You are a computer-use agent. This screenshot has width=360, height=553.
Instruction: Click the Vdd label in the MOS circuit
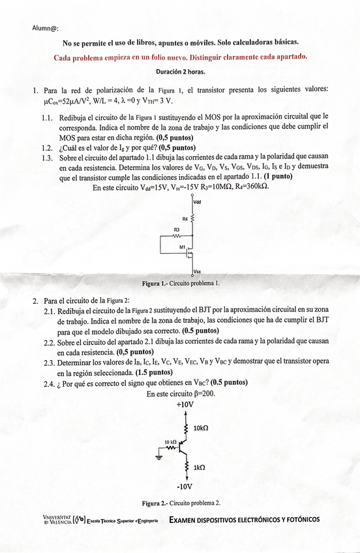tap(198, 202)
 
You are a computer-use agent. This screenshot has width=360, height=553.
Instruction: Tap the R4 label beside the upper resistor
tap(185, 218)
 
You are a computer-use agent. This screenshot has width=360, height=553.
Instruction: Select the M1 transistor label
tap(183, 247)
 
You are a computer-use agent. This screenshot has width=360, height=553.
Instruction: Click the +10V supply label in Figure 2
tap(185, 404)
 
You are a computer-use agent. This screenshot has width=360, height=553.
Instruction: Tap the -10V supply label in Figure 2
tap(185, 486)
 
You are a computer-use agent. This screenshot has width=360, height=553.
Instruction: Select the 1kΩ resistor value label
tap(200, 467)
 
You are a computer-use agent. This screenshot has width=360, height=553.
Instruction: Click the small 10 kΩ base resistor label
tap(171, 441)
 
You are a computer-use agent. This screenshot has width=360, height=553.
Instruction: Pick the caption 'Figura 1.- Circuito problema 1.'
tap(181, 284)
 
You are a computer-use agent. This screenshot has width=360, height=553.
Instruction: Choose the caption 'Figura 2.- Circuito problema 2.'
tap(181, 503)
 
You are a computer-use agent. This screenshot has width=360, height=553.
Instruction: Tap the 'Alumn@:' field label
tap(45, 27)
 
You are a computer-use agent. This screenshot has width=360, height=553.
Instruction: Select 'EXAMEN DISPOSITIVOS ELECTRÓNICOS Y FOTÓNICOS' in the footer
tap(244, 520)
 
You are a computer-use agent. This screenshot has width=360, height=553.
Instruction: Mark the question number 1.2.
tap(47, 147)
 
